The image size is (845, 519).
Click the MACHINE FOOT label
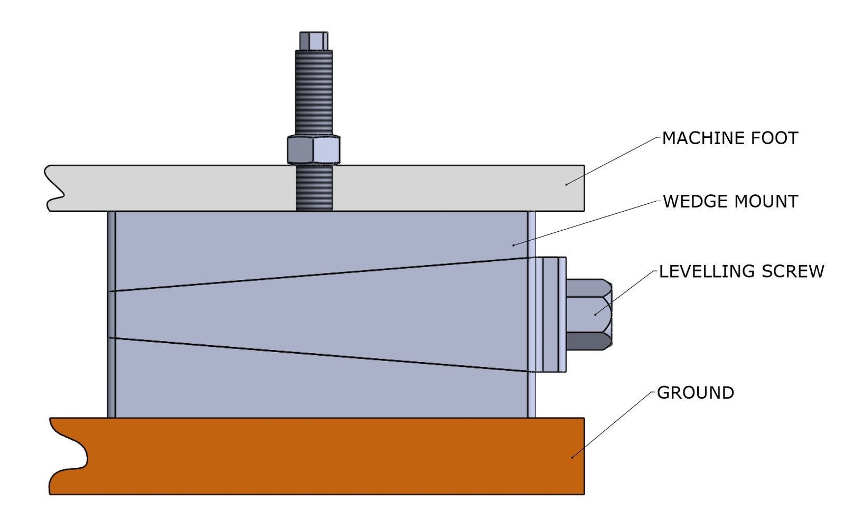pyautogui.click(x=729, y=138)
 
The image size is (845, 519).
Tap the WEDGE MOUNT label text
pyautogui.click(x=730, y=202)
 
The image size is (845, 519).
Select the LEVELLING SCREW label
pyautogui.click(x=741, y=271)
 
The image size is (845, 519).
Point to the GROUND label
pyautogui.click(x=695, y=393)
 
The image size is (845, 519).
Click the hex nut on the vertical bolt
pyautogui.click(x=314, y=150)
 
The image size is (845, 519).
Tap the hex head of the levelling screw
pyautogui.click(x=588, y=314)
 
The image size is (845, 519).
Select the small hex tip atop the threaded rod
pyautogui.click(x=314, y=40)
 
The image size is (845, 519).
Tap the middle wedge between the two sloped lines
pyautogui.click(x=317, y=314)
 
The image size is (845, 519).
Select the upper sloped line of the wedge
pyautogui.click(x=317, y=274)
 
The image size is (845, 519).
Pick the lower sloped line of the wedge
pyautogui.click(x=317, y=354)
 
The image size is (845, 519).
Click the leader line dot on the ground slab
pyautogui.click(x=572, y=457)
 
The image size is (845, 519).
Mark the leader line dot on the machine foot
pyautogui.click(x=567, y=184)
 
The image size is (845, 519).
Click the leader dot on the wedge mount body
pyautogui.click(x=513, y=245)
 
